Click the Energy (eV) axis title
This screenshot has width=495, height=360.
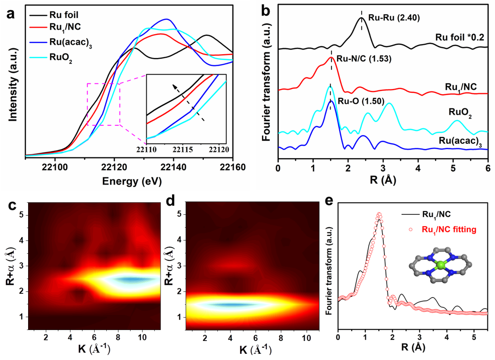pyautogui.click(x=129, y=181)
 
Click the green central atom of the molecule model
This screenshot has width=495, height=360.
pyautogui.click(x=441, y=264)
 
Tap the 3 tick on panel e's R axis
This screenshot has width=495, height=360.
pyautogui.click(x=420, y=337)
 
